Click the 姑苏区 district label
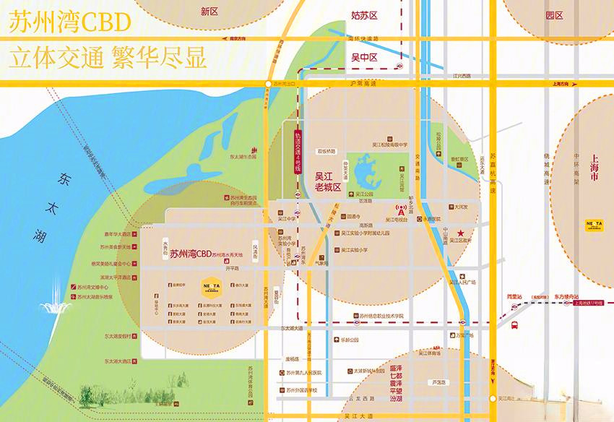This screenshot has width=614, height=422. click(364, 15)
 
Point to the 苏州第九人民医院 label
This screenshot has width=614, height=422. click(307, 372)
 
